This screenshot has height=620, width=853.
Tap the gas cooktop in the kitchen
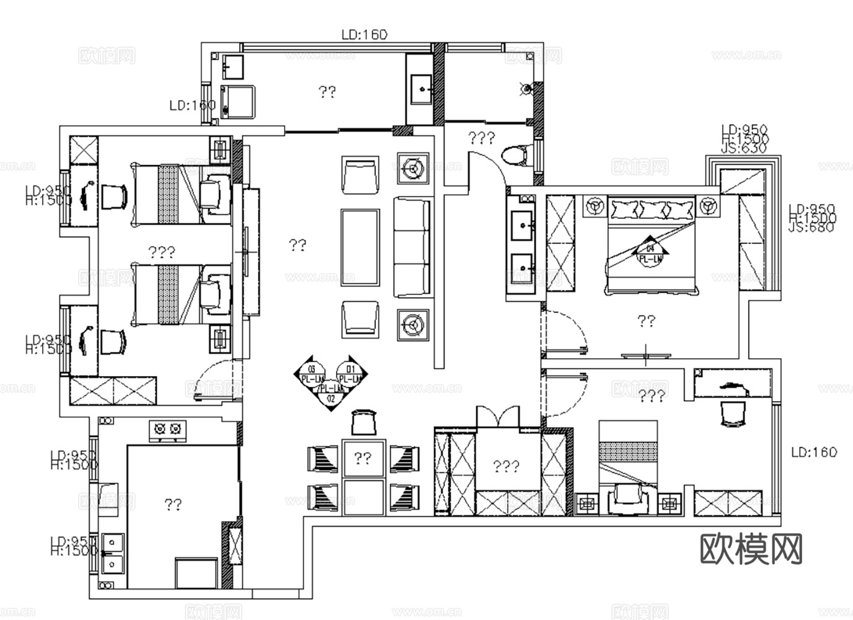tap(168, 429)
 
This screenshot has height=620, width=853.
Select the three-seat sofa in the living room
tap(412, 246)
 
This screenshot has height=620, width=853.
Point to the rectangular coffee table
tap(360, 246)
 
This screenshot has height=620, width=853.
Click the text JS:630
tap(744, 148)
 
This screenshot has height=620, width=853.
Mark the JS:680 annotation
tap(812, 227)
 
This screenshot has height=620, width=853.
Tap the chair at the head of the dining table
tap(364, 423)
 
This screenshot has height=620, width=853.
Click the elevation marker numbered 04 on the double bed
tap(649, 244)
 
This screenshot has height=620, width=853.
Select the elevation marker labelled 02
tap(331, 399)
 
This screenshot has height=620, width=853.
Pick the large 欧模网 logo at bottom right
tap(751, 549)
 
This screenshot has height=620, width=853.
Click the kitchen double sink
tap(113, 552)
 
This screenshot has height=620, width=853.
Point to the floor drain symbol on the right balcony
tap(526, 89)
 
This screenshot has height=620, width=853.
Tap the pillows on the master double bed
tap(651, 209)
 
